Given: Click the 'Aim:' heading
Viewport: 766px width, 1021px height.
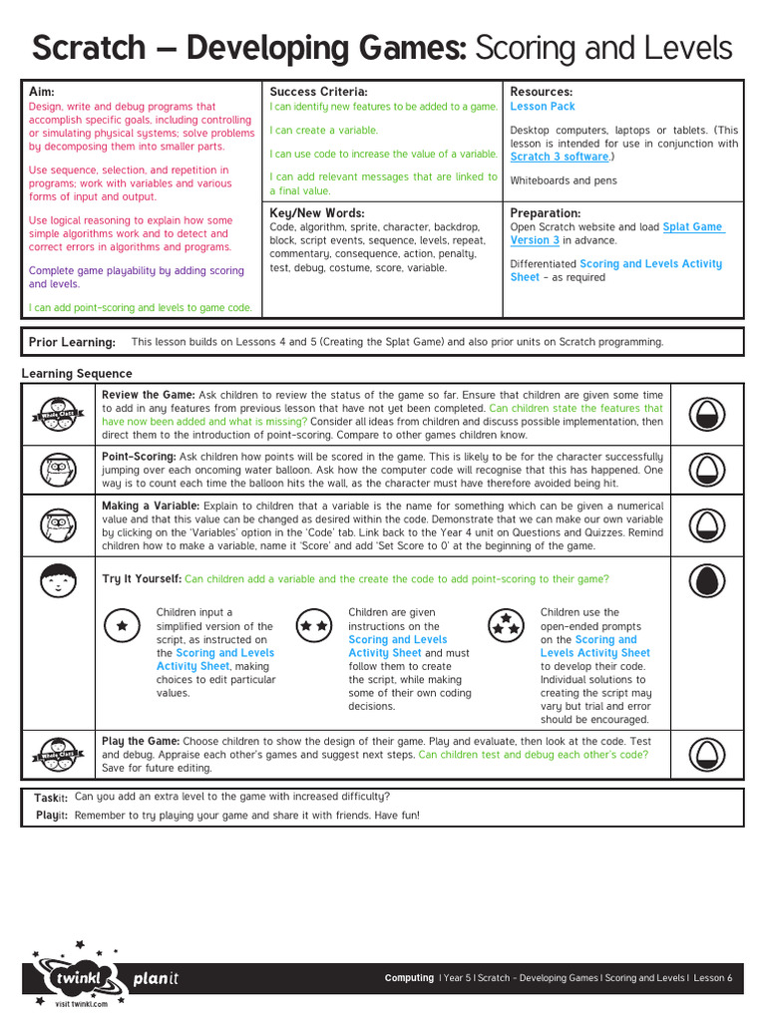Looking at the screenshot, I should (x=42, y=92).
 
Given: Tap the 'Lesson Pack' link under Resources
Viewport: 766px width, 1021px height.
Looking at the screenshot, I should (x=543, y=107).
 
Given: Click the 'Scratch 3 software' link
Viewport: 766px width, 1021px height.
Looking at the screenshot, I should (x=559, y=157).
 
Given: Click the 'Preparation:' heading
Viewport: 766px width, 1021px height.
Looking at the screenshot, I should (x=545, y=213).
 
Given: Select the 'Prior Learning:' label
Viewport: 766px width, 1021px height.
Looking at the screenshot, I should (x=72, y=342).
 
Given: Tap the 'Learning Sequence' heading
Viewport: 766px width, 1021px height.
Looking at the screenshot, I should (x=77, y=374).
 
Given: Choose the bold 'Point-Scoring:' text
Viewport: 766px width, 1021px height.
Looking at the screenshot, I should (x=139, y=456).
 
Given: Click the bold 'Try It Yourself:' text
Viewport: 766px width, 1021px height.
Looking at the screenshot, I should (x=142, y=579).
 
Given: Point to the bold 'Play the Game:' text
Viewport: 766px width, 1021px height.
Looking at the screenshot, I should (x=141, y=741).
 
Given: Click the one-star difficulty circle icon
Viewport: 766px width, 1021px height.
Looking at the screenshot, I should (x=122, y=625).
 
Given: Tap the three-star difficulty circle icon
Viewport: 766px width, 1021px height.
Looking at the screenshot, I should (x=506, y=625).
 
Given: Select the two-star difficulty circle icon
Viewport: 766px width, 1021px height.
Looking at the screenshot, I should (x=314, y=625).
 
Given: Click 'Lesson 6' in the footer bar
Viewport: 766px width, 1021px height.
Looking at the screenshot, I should (x=712, y=978).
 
